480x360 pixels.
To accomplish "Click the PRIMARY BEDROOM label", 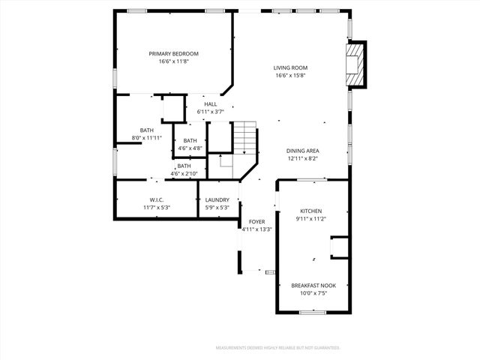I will [173, 54].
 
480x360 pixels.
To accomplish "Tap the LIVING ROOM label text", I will [291, 68].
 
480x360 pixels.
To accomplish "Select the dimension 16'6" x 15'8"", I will [291, 76].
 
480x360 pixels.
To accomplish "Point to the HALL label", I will [211, 104].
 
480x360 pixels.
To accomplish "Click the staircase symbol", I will [244, 138].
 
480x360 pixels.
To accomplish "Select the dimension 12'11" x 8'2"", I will [303, 158].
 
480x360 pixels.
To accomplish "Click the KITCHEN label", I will [311, 211].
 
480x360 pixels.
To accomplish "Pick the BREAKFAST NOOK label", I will [313, 286].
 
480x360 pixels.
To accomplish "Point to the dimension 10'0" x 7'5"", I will [313, 293].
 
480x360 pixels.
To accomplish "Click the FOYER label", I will [256, 222].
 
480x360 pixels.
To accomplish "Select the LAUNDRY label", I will [217, 200].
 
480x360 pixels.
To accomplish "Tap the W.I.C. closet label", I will [155, 200].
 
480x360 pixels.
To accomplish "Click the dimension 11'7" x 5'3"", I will [155, 208].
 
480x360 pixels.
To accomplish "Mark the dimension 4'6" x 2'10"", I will [184, 174].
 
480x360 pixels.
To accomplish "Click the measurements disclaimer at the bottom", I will [277, 348].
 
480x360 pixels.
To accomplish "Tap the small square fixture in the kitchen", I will [340, 247].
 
